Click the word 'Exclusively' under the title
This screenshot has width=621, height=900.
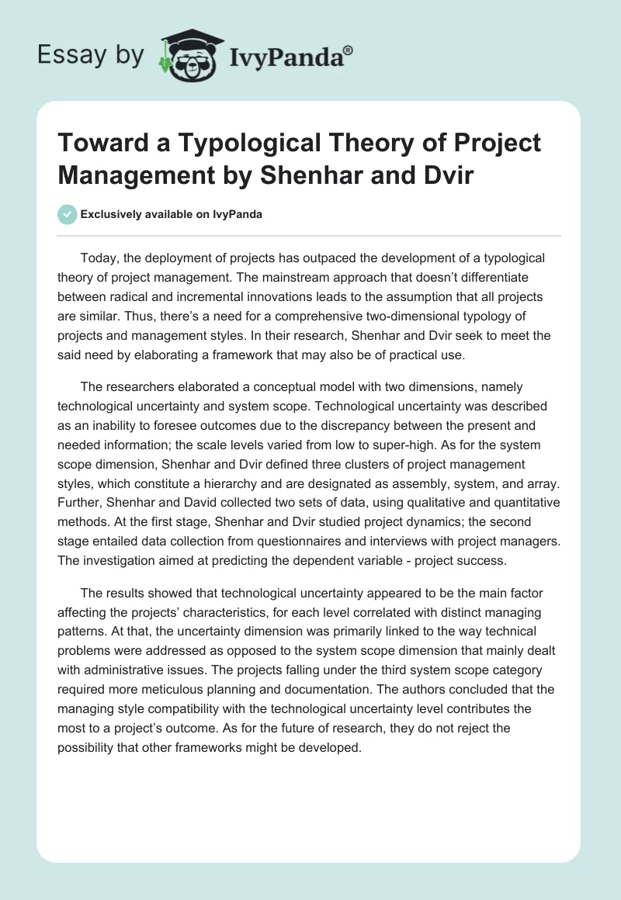[113, 214]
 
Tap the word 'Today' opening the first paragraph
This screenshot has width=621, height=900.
[98, 258]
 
